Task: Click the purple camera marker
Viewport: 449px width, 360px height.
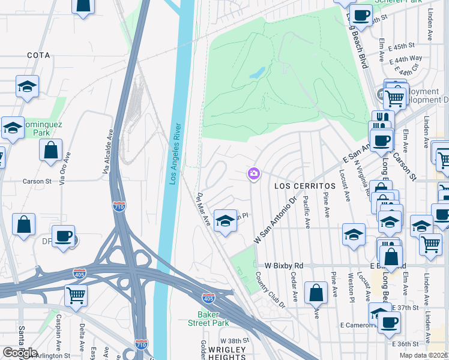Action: (253, 174)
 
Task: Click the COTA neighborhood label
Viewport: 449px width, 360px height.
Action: (38, 55)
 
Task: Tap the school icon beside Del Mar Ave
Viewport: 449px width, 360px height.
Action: (225, 221)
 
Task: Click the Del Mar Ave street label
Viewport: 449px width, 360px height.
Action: (203, 209)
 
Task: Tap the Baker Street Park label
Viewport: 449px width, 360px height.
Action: (213, 319)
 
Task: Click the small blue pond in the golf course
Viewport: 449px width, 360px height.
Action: (257, 73)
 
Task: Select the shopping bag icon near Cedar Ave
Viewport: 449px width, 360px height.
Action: (316, 293)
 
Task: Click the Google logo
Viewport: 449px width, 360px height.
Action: (20, 353)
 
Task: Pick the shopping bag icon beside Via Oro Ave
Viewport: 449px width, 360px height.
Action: (51, 149)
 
